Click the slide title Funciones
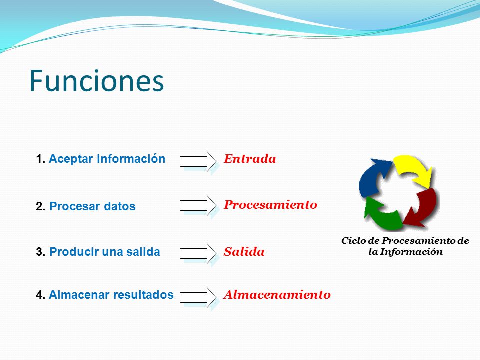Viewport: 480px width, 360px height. [96, 81]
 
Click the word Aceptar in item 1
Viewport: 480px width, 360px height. [71, 159]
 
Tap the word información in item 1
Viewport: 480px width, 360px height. [131, 158]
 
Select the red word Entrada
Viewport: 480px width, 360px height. [250, 159]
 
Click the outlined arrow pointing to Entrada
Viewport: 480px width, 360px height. [198, 161]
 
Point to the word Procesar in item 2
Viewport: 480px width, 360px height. [75, 206]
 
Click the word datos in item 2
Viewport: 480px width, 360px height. [120, 206]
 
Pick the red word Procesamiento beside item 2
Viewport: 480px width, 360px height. [270, 205]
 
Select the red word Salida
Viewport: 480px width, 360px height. [244, 252]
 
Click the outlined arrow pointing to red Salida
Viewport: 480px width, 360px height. [198, 254]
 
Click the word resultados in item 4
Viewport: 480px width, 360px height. [143, 295]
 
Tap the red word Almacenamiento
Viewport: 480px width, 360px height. [277, 295]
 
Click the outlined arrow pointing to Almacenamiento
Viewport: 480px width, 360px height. [198, 298]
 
